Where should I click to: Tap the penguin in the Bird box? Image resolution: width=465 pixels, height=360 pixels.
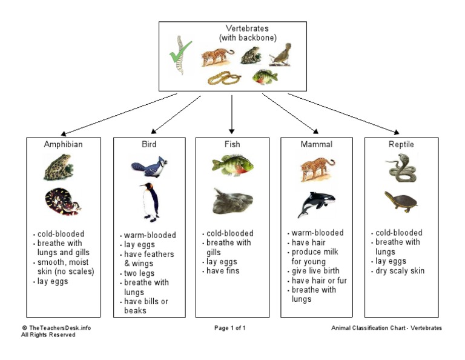pyautogui.click(x=149, y=201)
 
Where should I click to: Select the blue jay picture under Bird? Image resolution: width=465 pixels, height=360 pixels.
pyautogui.click(x=148, y=166)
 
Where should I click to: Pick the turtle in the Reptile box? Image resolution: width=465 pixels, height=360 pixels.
pyautogui.click(x=400, y=200)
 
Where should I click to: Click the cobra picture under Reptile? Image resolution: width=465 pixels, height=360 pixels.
pyautogui.click(x=401, y=168)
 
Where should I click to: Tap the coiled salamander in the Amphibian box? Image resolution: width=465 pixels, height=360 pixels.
pyautogui.click(x=62, y=202)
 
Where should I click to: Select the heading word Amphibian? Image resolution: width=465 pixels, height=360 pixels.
pyautogui.click(x=63, y=145)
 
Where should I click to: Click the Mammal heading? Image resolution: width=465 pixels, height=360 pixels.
pyautogui.click(x=316, y=145)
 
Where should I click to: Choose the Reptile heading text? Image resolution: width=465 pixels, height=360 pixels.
pyautogui.click(x=401, y=145)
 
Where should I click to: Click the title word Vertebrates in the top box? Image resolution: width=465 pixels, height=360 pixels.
pyautogui.click(x=247, y=28)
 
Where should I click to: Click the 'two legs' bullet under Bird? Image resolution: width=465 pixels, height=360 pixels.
pyautogui.click(x=140, y=273)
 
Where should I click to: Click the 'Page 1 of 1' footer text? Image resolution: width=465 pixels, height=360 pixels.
pyautogui.click(x=230, y=328)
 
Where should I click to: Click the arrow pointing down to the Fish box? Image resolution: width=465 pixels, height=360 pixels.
pyautogui.click(x=231, y=115)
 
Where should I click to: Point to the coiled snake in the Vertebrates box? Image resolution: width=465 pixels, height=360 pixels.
pyautogui.click(x=223, y=78)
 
